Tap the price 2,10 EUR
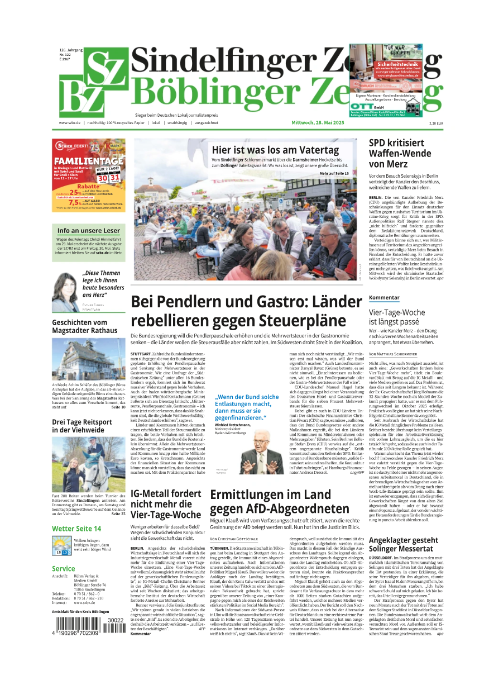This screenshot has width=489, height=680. pyautogui.click(x=436, y=123)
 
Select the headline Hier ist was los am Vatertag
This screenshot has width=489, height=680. pyautogui.click(x=275, y=150)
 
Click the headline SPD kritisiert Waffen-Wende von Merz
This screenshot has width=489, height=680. pyautogui.click(x=400, y=153)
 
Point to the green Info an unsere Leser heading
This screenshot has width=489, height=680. pyautogui.click(x=88, y=230)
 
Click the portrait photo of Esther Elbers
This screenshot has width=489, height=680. pyautogui.click(x=66, y=292)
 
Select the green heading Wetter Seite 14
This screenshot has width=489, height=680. pyautogui.click(x=76, y=529)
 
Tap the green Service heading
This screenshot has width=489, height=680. pyautogui.click(x=63, y=569)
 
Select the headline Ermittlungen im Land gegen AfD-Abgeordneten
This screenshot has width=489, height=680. pyautogui.click(x=279, y=501)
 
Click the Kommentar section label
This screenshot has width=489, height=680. pyautogui.click(x=384, y=298)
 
